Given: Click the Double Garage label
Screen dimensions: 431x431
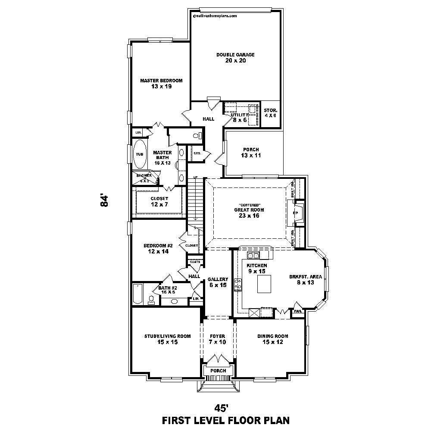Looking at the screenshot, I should coord(235,58).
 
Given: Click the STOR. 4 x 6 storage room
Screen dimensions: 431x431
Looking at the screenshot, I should coord(271,113).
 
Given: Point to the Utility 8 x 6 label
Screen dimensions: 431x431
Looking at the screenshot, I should coord(239,117).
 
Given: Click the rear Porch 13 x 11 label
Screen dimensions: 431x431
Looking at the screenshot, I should coord(250,153).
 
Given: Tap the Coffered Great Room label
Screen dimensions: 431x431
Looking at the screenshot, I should coord(249,210).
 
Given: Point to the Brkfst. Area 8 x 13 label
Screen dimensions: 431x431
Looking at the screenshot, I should coord(302,280).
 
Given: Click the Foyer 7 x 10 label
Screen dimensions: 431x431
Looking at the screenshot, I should coord(217,339).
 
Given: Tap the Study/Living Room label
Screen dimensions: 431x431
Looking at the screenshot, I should coord(161,339).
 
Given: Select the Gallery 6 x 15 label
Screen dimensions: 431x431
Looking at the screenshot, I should coord(217,282).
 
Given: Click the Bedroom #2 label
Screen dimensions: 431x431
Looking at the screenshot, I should coord(158,249).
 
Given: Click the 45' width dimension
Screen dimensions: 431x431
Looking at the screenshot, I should coord(221,408).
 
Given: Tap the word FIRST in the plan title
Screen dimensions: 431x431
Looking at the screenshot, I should coord(177,420).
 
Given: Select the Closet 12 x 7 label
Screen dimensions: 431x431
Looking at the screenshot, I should coord(159,202).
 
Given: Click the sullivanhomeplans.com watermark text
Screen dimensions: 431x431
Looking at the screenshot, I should coord(215,16).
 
